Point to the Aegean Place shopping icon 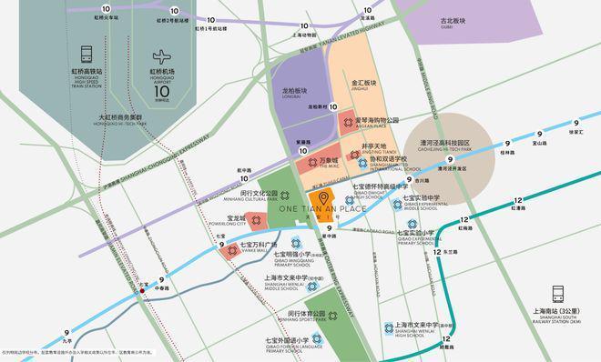click(346, 121)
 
